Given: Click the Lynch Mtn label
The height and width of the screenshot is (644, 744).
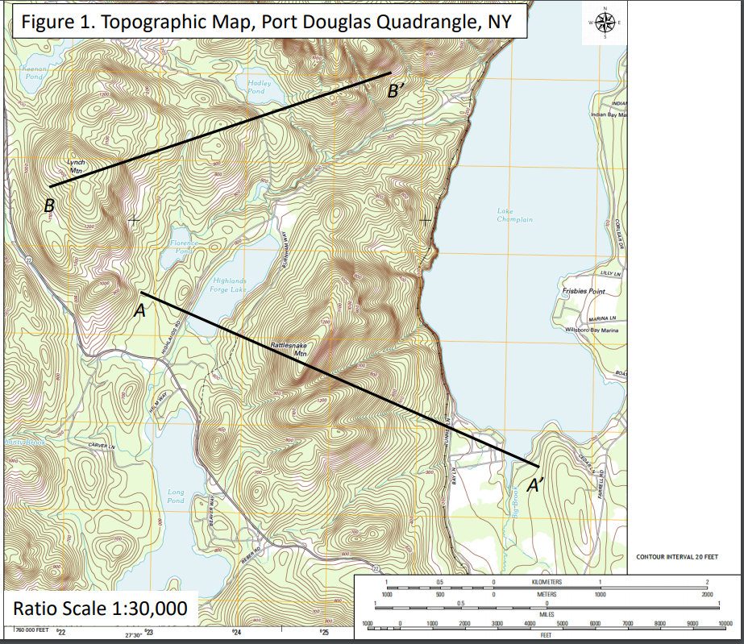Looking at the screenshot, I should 76,167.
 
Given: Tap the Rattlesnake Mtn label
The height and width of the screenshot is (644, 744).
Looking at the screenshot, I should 289,349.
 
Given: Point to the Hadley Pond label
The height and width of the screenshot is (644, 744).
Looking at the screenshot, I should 256,87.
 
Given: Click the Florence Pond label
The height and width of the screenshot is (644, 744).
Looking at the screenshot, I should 184,247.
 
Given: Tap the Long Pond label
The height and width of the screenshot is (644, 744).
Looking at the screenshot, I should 175,496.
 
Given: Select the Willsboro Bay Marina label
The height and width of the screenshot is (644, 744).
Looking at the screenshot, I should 591,330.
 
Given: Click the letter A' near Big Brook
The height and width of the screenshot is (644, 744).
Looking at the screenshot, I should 534,485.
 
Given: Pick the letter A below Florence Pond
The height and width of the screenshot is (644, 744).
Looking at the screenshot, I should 139,310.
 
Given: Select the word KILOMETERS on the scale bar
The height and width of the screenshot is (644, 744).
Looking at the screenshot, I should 548,582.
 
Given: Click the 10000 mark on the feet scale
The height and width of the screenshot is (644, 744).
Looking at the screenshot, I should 725,624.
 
